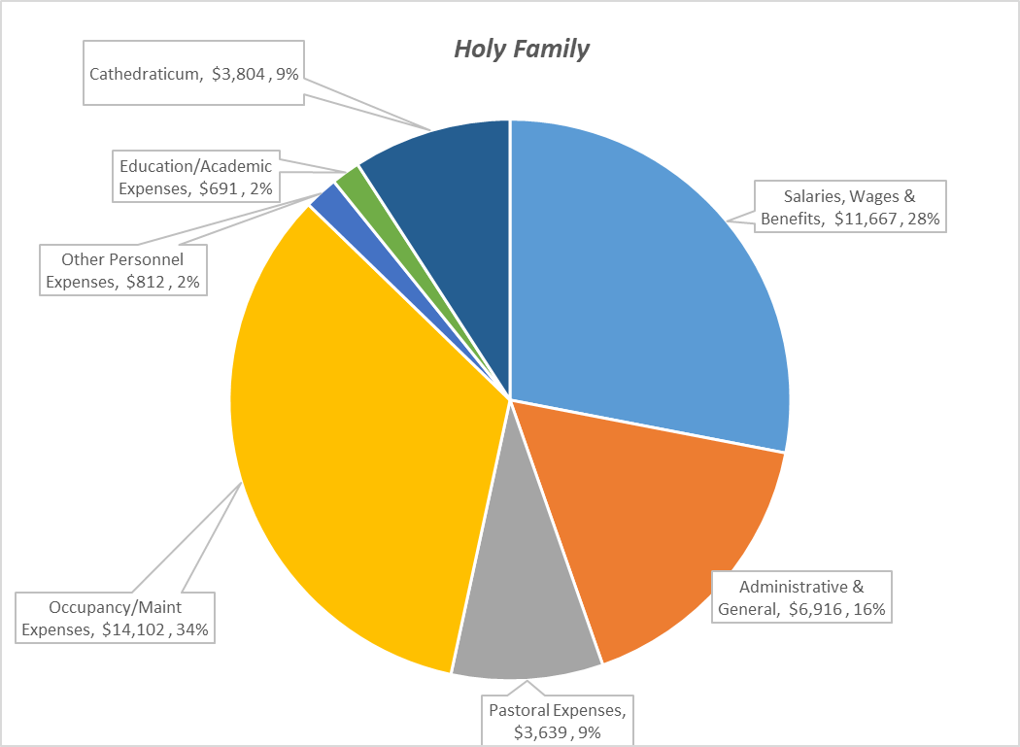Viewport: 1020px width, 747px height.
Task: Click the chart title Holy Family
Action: (x=522, y=49)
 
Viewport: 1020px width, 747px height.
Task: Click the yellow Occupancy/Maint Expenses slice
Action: (x=359, y=437)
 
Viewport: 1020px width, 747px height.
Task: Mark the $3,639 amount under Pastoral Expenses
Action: (x=539, y=731)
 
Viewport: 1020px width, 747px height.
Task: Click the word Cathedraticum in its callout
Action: (x=147, y=74)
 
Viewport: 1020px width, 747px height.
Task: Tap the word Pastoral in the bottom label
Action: (x=520, y=708)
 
